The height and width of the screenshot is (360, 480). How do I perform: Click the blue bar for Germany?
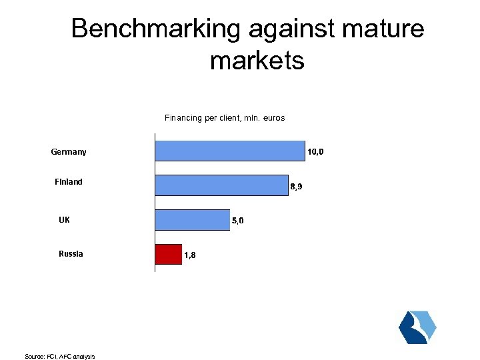point(230,151)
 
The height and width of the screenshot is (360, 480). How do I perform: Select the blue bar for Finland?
point(222,185)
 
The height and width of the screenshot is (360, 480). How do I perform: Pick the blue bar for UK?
point(193,219)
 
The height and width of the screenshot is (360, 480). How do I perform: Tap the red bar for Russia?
point(169,254)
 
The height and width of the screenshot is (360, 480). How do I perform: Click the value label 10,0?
point(315,152)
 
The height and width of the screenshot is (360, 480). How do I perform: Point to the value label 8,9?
point(297,187)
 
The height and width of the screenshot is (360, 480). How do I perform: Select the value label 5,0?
point(238,221)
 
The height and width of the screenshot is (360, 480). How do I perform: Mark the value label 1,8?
point(189,255)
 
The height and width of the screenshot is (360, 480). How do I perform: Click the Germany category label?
point(69,152)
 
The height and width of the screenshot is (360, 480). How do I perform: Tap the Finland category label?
point(69,182)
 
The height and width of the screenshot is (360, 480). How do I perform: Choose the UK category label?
point(65,219)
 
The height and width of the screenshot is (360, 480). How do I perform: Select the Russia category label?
point(71,253)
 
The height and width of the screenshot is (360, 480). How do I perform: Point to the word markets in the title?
point(257,61)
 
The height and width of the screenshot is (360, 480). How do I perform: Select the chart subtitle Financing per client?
point(225,118)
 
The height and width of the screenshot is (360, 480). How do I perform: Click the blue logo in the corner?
point(417,327)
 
